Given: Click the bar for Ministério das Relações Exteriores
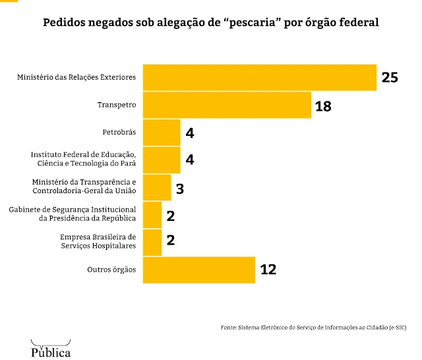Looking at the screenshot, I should pyautogui.click(x=259, y=77).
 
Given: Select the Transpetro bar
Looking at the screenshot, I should pyautogui.click(x=227, y=105).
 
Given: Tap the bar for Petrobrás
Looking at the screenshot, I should pyautogui.click(x=162, y=133).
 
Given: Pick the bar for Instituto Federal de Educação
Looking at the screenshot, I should pyautogui.click(x=162, y=160).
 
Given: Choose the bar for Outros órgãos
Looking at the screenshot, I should pyautogui.click(x=199, y=270).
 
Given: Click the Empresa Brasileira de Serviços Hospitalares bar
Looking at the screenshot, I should pyautogui.click(x=152, y=242).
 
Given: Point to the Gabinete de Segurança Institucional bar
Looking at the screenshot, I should pyautogui.click(x=152, y=214).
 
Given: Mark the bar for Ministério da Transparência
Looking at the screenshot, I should pyautogui.click(x=157, y=187).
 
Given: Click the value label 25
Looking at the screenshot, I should pyautogui.click(x=390, y=77).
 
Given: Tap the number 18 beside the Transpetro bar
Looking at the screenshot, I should pyautogui.click(x=323, y=105).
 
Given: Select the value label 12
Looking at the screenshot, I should pyautogui.click(x=268, y=270).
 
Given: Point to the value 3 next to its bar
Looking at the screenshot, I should pyautogui.click(x=179, y=188).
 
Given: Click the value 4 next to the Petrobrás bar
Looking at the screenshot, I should pyautogui.click(x=189, y=133).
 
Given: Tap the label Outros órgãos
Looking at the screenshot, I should pyautogui.click(x=111, y=270).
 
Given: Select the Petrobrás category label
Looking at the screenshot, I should pyautogui.click(x=119, y=133).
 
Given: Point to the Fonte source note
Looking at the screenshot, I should pyautogui.click(x=313, y=328).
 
